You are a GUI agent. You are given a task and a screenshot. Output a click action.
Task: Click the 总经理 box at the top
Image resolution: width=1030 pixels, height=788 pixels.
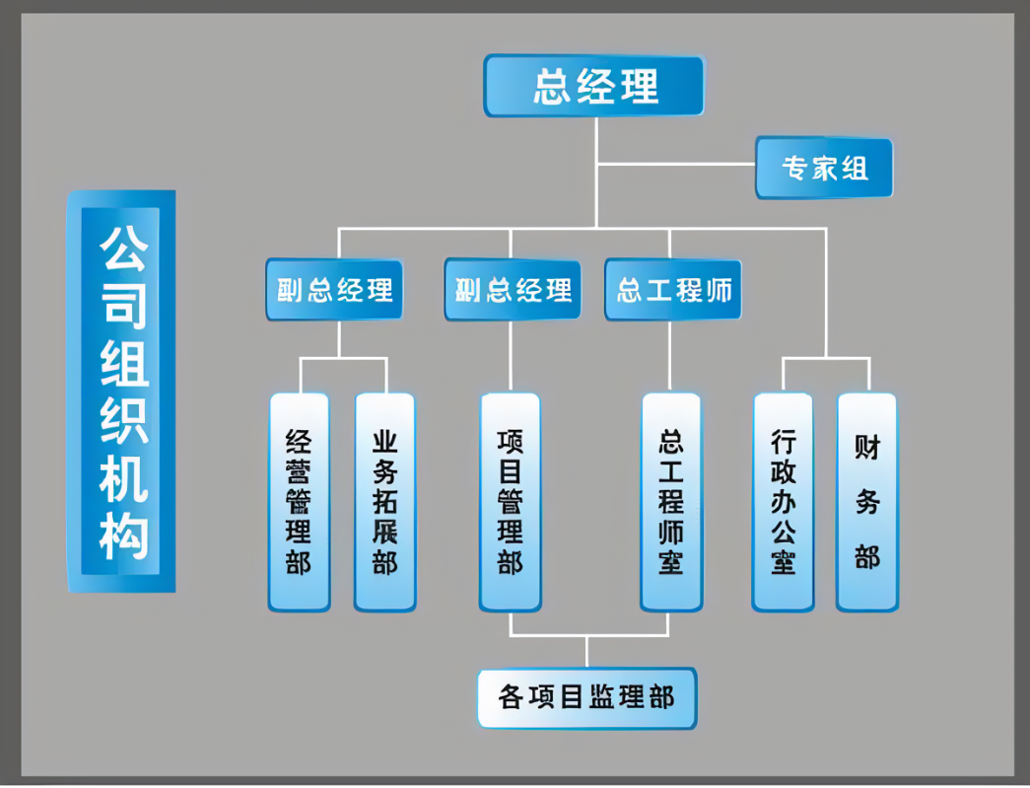click(x=594, y=86)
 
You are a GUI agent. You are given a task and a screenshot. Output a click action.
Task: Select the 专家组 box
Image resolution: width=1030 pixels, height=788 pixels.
click(x=825, y=168)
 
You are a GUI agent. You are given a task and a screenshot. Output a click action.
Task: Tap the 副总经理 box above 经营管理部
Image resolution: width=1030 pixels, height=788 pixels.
click(x=334, y=289)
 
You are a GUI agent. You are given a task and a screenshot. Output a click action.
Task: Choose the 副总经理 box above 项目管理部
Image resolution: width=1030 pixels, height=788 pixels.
click(x=513, y=289)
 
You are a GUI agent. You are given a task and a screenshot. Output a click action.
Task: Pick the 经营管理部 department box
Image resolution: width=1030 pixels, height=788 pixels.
click(x=299, y=501)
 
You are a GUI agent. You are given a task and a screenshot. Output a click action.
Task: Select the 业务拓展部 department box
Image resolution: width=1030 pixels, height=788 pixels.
click(x=384, y=501)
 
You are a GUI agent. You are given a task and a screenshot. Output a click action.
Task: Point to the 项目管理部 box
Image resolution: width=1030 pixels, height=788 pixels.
click(x=510, y=501)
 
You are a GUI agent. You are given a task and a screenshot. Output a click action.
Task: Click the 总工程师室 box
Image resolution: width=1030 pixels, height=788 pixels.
click(x=671, y=501)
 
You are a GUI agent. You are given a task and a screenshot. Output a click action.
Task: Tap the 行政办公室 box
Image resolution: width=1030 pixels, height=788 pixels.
click(x=783, y=501)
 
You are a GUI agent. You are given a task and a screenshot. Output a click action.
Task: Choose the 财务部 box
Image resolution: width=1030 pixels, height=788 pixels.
click(x=867, y=501)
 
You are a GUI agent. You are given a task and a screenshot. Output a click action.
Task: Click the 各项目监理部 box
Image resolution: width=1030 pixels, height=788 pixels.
click(x=586, y=698)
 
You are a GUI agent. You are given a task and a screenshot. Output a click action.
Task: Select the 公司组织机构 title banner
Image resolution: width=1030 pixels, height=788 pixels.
click(x=121, y=392)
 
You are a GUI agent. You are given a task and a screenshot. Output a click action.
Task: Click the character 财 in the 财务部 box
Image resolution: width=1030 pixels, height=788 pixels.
click(x=867, y=449)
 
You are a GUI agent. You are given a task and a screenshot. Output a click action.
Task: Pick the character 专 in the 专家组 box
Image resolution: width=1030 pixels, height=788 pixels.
click(x=795, y=168)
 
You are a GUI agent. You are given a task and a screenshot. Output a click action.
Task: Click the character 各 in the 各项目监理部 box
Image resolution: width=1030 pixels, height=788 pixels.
click(x=511, y=698)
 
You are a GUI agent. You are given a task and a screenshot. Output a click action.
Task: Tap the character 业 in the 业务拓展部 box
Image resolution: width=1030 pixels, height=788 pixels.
click(x=384, y=440)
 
